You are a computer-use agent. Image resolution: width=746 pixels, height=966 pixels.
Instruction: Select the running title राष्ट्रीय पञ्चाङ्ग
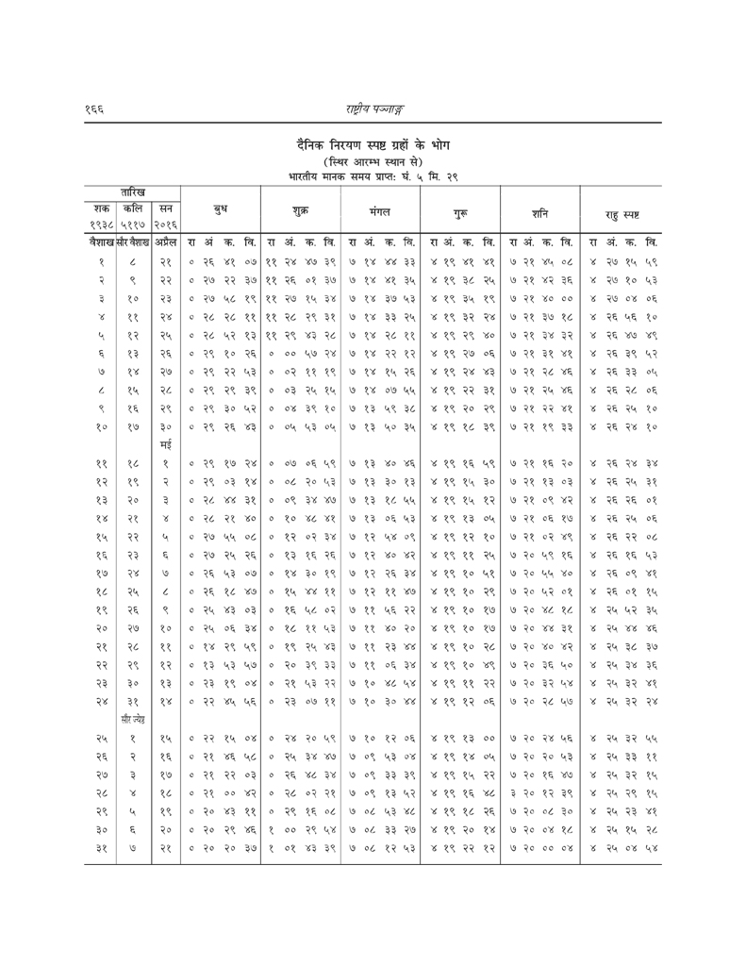tap(373, 110)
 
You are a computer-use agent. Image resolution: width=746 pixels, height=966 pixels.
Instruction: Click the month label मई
tap(164, 442)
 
